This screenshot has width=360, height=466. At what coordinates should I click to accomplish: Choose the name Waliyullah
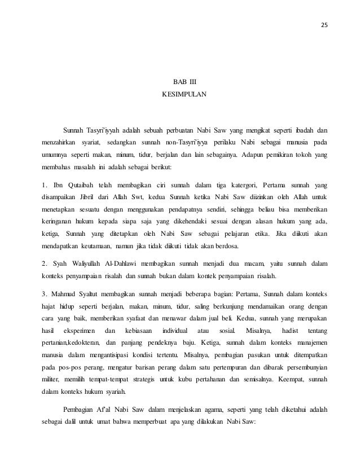pyautogui.click(x=93, y=263)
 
